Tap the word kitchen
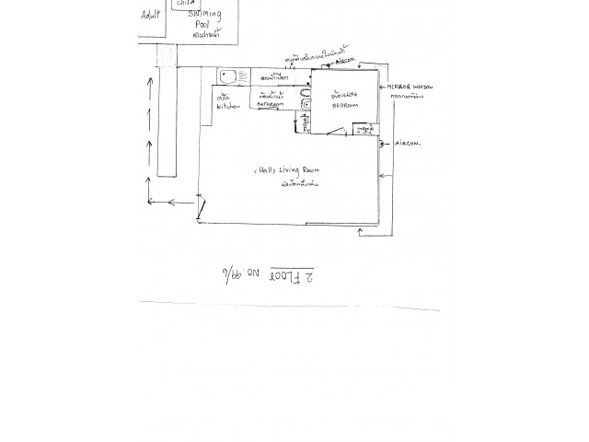[x=227, y=107]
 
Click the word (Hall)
[x=264, y=171]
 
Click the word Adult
[x=150, y=16]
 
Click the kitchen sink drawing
[x=229, y=74]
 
